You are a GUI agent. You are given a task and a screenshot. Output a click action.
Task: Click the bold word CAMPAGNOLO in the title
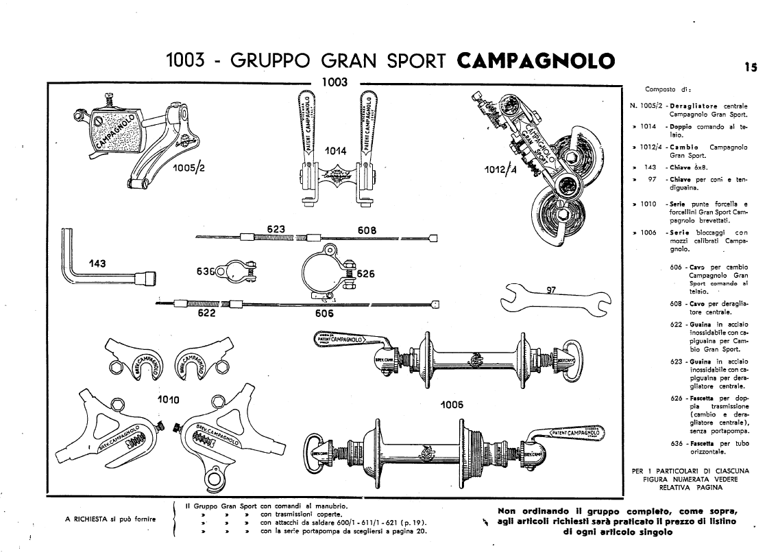(x=535, y=60)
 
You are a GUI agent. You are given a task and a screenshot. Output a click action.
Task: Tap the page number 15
(x=749, y=67)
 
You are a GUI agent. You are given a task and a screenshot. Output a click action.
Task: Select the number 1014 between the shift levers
(x=334, y=151)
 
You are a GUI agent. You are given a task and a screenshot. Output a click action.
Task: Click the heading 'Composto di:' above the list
(x=661, y=89)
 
